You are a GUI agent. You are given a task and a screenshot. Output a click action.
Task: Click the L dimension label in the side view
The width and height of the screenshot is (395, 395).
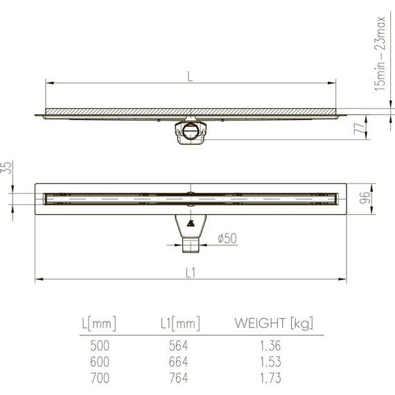coord(190,77)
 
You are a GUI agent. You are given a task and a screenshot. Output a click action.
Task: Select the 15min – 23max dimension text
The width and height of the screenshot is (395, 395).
coord(378,53)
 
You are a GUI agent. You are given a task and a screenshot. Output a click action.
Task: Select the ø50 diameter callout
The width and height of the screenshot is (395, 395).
coord(227,238)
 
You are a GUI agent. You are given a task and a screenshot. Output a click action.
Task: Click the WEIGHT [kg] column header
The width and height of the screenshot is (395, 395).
coord(274,322)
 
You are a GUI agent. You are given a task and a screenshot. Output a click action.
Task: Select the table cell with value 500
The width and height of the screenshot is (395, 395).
coord(99,344)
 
